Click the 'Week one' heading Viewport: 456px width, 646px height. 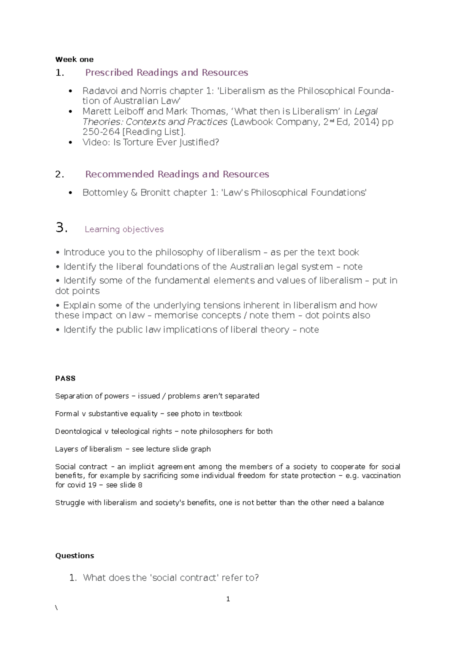click(74, 59)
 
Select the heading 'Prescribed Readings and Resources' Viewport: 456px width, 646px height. click(166, 72)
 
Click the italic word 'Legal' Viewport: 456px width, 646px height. click(366, 111)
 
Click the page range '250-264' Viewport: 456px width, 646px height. click(101, 132)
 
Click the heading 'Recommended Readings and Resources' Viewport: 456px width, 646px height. click(177, 174)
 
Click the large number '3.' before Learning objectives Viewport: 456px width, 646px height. click(61, 228)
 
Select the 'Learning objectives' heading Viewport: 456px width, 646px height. click(124, 229)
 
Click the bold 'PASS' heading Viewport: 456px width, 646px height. click(65, 379)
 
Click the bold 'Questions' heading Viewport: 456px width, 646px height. click(74, 556)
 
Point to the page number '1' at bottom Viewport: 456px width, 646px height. click(228, 599)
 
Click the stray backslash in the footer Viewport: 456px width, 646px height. click(56, 608)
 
